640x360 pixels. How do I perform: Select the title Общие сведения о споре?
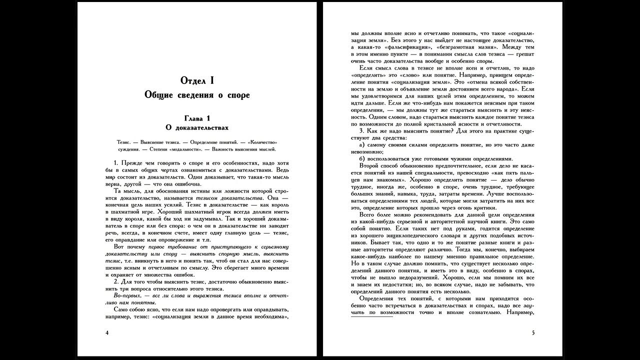(x=196, y=94)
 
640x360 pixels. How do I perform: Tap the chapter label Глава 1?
(x=196, y=118)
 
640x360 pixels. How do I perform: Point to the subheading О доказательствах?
(x=196, y=128)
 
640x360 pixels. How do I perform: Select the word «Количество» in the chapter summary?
(x=262, y=142)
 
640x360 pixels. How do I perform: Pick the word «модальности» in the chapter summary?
(x=185, y=149)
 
